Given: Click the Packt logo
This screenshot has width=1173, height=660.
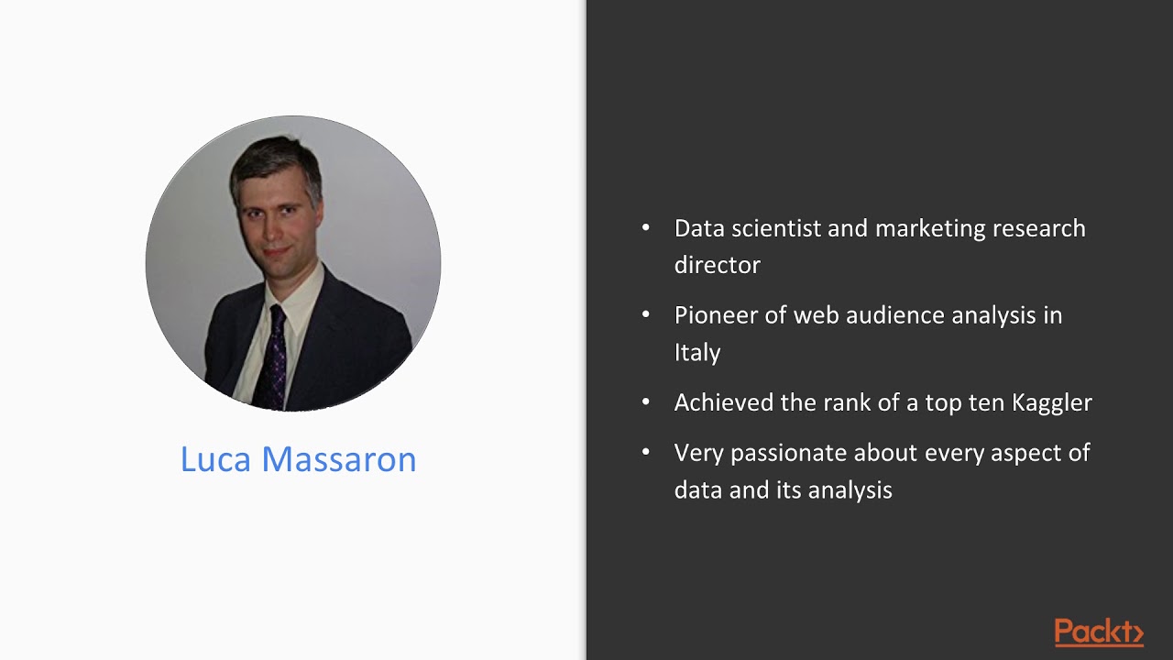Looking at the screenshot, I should point(1099,632).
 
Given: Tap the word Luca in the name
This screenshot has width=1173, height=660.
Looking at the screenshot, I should point(215,459).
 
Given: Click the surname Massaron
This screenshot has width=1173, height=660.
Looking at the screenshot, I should point(339,459).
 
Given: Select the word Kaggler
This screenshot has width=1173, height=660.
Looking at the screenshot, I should point(1052,402).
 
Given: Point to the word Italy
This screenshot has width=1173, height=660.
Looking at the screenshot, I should point(697,352).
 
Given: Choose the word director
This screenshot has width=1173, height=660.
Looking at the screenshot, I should point(717,265).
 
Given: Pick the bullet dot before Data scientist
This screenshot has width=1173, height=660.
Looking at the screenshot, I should point(646,227).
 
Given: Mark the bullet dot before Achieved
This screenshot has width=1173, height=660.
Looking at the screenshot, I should point(646,401).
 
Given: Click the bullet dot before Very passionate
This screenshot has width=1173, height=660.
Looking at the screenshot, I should point(646,452).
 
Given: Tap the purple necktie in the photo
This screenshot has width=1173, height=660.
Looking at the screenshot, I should point(273,362).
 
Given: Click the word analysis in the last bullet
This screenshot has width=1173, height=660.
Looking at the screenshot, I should point(850,490).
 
